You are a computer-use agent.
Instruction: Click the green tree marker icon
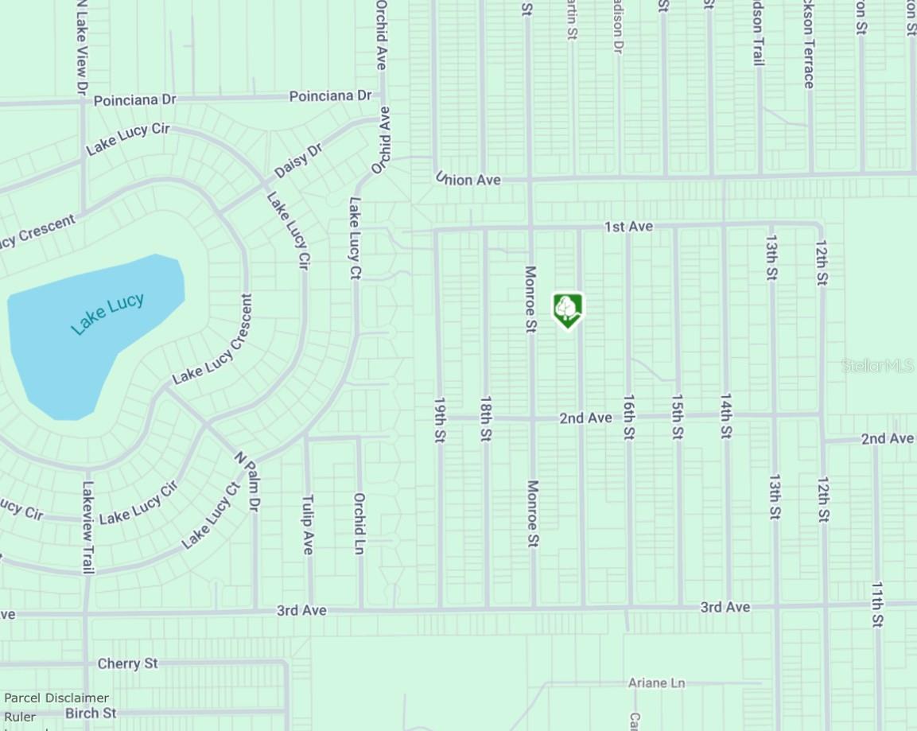click(x=567, y=309)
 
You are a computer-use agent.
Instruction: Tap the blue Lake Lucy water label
click(x=107, y=313)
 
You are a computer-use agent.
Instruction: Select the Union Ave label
click(x=468, y=180)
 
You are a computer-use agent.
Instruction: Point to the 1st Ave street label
click(x=628, y=227)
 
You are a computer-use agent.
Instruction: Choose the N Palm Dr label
click(x=247, y=482)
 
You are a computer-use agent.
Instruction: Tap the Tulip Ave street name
click(x=308, y=524)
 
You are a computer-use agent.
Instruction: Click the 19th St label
click(x=439, y=419)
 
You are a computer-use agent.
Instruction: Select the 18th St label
click(x=485, y=418)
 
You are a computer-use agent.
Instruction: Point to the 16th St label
click(x=629, y=417)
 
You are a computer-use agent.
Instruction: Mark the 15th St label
click(x=677, y=416)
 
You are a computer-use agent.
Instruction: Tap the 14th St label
click(x=725, y=415)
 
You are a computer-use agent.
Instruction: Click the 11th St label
click(x=876, y=605)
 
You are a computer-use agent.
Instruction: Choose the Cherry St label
click(x=127, y=663)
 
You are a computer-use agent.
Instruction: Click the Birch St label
click(x=91, y=714)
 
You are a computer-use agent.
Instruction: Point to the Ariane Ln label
click(x=656, y=683)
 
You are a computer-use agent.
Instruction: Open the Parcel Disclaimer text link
click(x=56, y=698)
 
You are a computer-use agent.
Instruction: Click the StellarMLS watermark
click(x=878, y=366)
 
